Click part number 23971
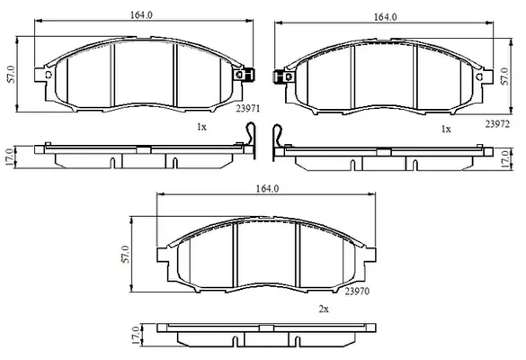click(248, 109)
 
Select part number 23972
click(497, 124)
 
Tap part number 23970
click(357, 292)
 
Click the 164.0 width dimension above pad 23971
click(141, 15)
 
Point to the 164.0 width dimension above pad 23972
click(386, 17)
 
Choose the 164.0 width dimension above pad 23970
click(267, 189)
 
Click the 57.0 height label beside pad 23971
click(12, 74)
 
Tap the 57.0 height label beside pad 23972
click(504, 76)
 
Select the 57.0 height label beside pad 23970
click(125, 254)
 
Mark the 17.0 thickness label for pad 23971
click(9, 157)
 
